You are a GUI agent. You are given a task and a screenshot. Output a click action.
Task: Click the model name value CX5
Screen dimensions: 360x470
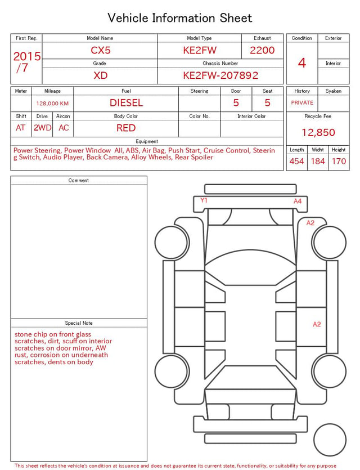[x=101, y=50]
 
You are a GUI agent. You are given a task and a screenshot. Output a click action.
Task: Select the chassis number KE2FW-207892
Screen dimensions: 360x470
[x=220, y=75]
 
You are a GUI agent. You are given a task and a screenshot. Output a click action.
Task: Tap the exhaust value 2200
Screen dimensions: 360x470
[x=262, y=50]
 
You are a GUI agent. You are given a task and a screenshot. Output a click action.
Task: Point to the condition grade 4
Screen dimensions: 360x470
[x=302, y=63]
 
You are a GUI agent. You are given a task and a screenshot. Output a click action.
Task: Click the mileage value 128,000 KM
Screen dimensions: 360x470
[x=52, y=104]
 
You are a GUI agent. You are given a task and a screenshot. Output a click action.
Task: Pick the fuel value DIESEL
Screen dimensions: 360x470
[x=126, y=103]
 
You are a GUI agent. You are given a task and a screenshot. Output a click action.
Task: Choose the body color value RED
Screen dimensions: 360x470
[x=126, y=128]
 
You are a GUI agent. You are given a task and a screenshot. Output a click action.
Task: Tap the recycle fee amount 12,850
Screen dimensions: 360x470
[x=318, y=132]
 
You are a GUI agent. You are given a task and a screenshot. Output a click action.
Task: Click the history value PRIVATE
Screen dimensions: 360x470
[x=302, y=102]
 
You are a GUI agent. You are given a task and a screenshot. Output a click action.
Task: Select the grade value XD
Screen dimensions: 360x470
[x=100, y=75]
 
